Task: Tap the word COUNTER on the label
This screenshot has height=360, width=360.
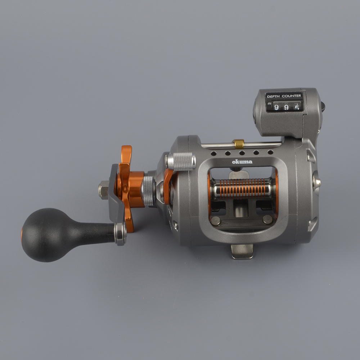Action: (292, 96)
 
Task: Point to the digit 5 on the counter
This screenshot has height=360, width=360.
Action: (297, 107)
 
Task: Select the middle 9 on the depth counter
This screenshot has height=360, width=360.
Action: (286, 107)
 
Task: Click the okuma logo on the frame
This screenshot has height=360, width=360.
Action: (242, 162)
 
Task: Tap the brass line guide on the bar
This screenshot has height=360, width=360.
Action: (238, 144)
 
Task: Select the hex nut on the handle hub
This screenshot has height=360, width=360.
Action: (104, 190)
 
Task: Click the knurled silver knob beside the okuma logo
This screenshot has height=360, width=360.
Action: (182, 161)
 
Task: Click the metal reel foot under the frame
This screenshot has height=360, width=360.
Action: (242, 251)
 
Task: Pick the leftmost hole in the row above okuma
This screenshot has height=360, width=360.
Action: (213, 153)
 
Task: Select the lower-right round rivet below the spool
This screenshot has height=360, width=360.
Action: (267, 220)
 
